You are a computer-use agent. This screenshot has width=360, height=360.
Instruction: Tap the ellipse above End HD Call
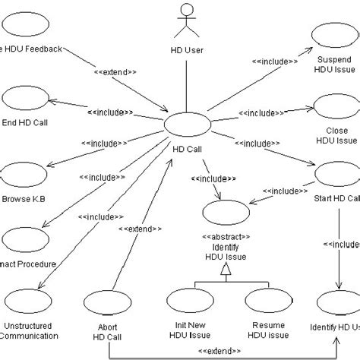[x=24, y=99]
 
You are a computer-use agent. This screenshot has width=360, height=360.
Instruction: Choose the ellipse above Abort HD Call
[x=106, y=302]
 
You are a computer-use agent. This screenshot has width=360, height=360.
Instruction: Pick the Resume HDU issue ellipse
[x=266, y=302]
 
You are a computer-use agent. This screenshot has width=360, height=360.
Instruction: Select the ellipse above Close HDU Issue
[x=332, y=107]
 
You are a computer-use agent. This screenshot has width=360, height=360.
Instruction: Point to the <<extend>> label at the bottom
[x=221, y=351]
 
